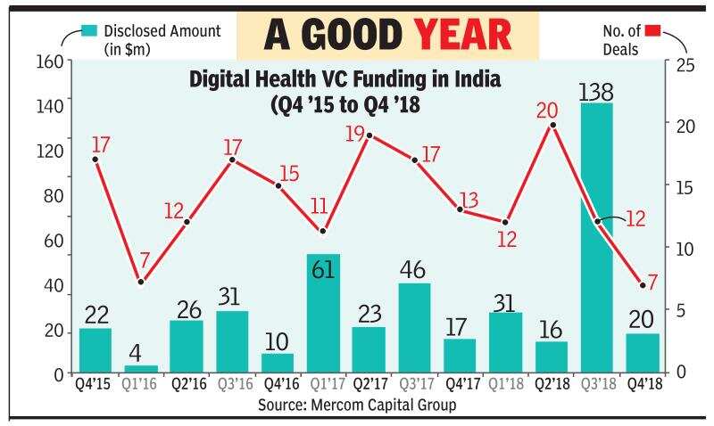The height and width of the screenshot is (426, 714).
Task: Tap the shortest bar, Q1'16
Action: (140, 367)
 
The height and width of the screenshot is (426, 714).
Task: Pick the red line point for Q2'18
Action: (552, 125)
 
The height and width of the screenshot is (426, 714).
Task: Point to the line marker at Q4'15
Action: (95, 160)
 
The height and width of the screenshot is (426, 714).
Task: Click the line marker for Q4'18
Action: (642, 285)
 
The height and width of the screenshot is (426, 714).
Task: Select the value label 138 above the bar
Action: (595, 91)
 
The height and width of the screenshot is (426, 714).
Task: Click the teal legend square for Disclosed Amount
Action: (87, 31)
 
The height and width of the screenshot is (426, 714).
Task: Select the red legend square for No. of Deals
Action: (653, 31)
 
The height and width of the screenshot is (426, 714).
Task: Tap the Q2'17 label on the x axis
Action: (369, 384)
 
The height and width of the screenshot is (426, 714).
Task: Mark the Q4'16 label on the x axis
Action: (278, 384)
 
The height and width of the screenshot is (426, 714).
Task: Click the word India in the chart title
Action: (473, 80)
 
